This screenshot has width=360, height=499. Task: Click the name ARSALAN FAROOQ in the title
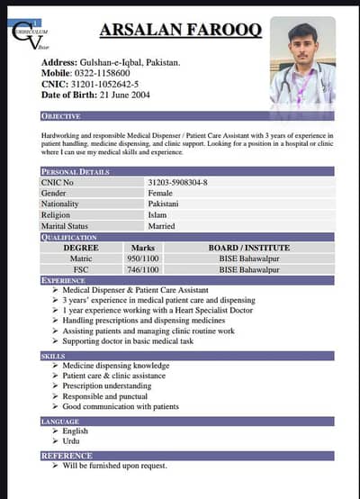[180, 32]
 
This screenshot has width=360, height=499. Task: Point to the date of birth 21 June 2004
[122, 95]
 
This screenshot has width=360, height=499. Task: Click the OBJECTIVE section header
[61, 116]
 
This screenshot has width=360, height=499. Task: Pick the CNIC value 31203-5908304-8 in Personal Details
[177, 183]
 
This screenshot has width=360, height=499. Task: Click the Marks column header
[142, 247]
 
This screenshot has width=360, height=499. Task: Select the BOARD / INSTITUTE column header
[248, 247]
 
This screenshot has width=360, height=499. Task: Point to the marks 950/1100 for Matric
[143, 259]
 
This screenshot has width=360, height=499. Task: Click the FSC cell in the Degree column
[81, 269]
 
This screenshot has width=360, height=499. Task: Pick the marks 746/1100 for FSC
[143, 269]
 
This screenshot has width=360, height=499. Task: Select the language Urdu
[72, 441]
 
